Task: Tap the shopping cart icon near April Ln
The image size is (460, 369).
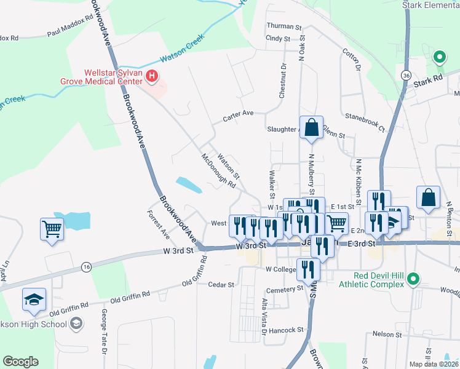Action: click(52, 229)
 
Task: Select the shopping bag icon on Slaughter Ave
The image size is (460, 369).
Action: click(312, 127)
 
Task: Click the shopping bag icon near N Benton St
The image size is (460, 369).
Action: click(429, 197)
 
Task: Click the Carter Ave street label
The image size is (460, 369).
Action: click(238, 114)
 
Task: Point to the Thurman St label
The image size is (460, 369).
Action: click(284, 27)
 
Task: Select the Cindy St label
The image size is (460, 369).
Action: click(277, 38)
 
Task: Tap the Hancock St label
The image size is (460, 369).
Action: click(287, 330)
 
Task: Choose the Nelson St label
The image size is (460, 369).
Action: click(387, 335)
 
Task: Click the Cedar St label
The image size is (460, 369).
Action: click(221, 285)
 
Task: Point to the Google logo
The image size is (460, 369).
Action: click(21, 361)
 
